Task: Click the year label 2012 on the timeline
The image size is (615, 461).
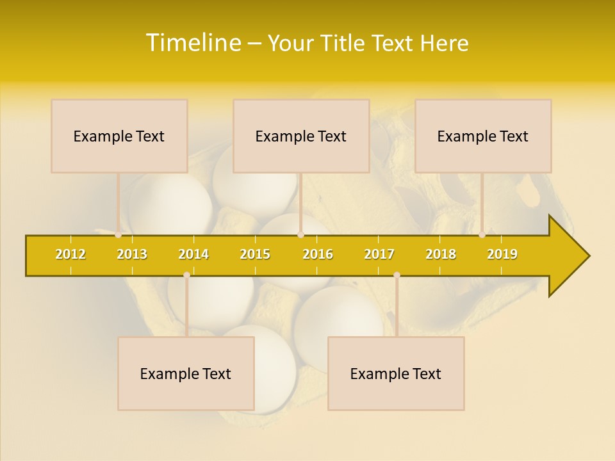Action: click(x=70, y=254)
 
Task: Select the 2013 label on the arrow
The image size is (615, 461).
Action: click(x=132, y=254)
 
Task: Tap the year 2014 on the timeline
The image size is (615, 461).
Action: click(x=193, y=254)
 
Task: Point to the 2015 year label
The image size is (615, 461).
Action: click(x=255, y=254)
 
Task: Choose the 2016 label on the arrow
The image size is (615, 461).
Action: click(x=318, y=254)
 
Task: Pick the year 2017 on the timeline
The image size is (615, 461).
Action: click(x=379, y=254)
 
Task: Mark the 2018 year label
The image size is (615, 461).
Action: click(x=441, y=254)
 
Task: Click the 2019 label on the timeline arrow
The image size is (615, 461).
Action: click(x=502, y=254)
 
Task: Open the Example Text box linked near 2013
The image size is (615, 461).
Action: click(x=119, y=136)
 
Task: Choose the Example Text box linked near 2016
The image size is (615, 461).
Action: click(x=301, y=136)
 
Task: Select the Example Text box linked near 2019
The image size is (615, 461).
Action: click(x=483, y=136)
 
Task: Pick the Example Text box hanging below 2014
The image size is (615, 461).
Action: click(x=186, y=373)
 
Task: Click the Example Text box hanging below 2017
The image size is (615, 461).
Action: click(x=396, y=373)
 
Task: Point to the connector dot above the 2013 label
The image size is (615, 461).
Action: click(x=119, y=235)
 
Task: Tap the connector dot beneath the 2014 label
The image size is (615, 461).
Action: click(x=186, y=275)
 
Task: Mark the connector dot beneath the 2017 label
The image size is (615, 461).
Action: click(x=397, y=275)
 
